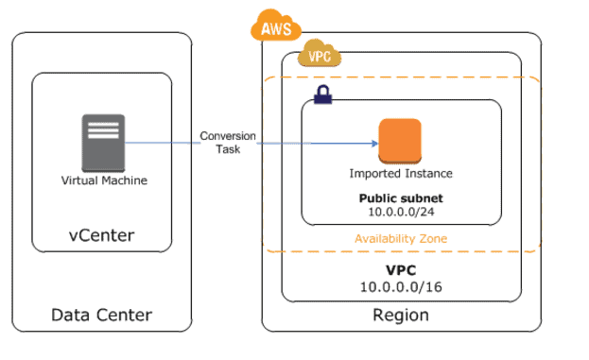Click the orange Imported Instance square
(x=401, y=142)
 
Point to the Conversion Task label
(x=228, y=142)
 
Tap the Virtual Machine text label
(x=104, y=180)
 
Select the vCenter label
(x=101, y=235)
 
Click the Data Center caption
(x=101, y=315)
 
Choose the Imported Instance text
(x=401, y=174)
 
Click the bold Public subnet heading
(x=401, y=198)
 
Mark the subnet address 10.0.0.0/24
(x=401, y=213)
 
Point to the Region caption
(x=401, y=315)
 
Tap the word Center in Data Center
(x=124, y=315)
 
